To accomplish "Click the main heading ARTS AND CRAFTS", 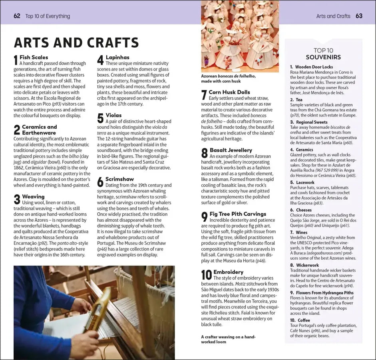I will (76, 43).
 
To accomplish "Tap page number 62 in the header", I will (17, 16).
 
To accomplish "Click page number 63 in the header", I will (359, 16).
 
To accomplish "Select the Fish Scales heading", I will (34, 57).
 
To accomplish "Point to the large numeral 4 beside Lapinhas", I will (100, 60).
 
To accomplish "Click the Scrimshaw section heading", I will (119, 179).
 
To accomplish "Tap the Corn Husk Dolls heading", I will (229, 92).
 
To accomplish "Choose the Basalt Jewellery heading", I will (231, 150).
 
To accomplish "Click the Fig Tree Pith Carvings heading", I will (238, 214).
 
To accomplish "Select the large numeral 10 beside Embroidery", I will (206, 275).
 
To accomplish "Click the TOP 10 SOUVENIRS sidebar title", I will (323, 54).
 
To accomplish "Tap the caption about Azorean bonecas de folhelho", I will (229, 78).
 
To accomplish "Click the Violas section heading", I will (113, 115).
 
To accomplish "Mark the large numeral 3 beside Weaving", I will (17, 200).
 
